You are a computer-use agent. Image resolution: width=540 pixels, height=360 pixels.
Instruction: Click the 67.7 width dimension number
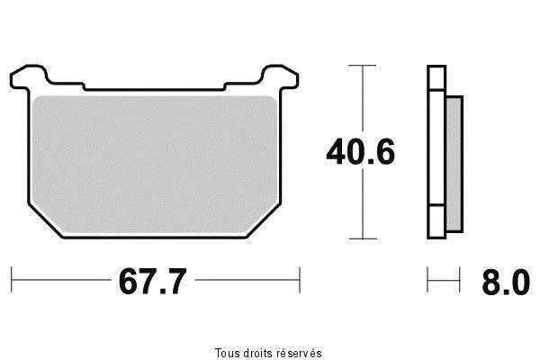click(x=153, y=281)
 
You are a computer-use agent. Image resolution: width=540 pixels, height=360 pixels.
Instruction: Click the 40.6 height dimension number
click(x=360, y=151)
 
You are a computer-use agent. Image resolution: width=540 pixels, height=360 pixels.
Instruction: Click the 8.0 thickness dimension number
click(x=506, y=282)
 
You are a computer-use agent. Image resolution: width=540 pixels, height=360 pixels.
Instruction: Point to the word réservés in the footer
click(x=300, y=353)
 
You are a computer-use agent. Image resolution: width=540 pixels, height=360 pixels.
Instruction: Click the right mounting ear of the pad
click(x=280, y=77)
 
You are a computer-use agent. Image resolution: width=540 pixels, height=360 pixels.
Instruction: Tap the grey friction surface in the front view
click(x=154, y=165)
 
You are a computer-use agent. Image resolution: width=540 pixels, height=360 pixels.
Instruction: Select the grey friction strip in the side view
click(x=454, y=164)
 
